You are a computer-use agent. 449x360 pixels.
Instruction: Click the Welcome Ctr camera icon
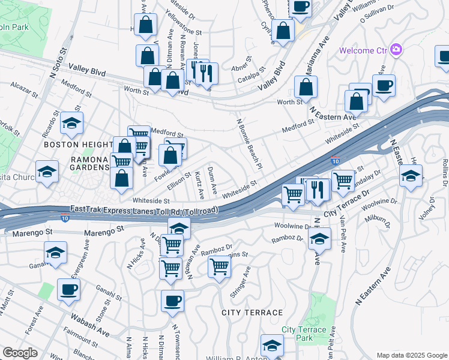396,49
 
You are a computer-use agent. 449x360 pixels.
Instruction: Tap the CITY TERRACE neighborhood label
252,313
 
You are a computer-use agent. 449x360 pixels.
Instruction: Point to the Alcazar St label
23,86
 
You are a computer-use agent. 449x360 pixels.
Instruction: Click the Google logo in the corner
20,353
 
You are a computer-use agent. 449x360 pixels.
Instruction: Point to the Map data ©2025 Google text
411,355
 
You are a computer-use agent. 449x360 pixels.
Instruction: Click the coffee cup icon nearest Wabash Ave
68,289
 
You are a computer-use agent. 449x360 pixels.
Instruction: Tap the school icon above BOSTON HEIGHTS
72,123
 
